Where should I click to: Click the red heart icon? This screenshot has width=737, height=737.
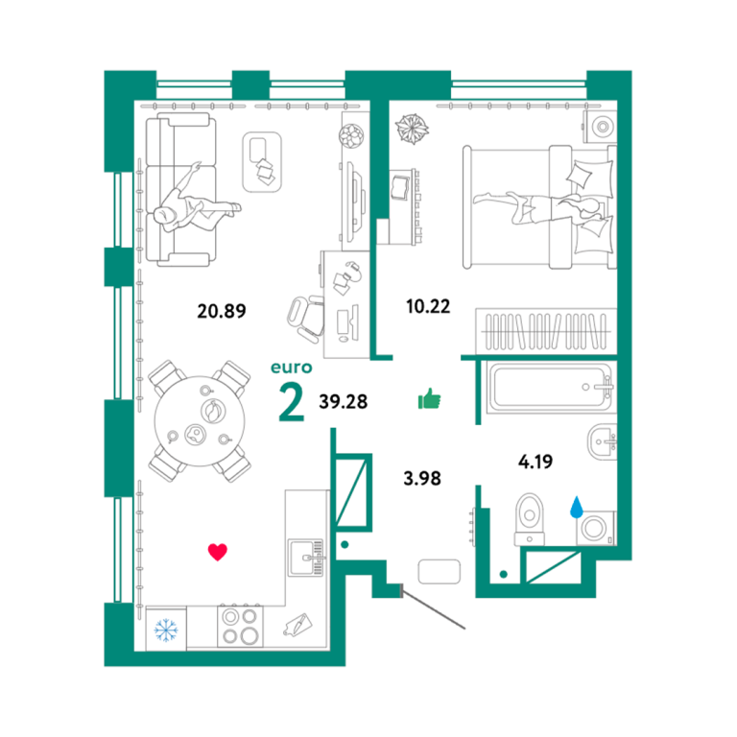218,552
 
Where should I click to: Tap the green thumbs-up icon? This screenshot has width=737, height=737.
430,399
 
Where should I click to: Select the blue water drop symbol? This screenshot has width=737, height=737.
576,507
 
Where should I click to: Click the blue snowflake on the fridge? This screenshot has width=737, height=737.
166,630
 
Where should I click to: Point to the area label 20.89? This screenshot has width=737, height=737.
222,311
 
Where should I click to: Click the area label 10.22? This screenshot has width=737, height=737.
428,306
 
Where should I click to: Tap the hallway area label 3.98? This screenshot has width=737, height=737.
422,479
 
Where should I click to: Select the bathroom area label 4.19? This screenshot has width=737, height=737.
535,462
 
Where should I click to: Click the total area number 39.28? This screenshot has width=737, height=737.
344,401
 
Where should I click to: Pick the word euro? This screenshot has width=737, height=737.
292,368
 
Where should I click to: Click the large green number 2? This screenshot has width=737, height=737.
292,401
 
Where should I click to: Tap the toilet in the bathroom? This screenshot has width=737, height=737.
530,519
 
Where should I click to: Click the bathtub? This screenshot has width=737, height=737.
550,388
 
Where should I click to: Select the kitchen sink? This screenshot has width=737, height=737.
306,558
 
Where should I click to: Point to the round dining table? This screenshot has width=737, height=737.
200,420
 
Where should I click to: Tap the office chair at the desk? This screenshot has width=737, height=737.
306,318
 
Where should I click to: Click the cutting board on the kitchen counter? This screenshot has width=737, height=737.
297,625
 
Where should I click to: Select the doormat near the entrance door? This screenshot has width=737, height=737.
439,572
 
